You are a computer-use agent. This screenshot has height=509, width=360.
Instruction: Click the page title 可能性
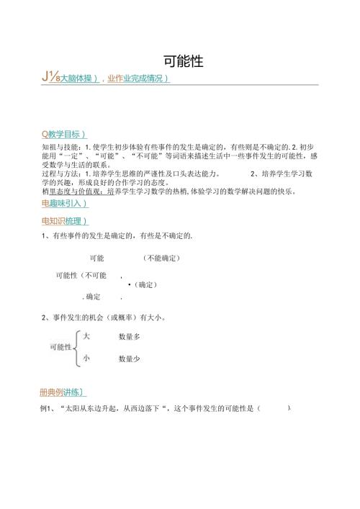tap(179, 62)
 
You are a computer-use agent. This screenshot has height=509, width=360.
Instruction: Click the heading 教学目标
tap(66, 134)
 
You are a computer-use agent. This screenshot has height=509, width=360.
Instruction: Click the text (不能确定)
tap(161, 258)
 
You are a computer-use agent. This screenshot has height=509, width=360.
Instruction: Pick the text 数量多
tap(130, 337)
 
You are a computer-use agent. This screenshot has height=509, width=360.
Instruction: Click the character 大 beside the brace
tap(86, 336)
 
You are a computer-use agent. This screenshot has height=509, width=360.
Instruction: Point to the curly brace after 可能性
tap(76, 347)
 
